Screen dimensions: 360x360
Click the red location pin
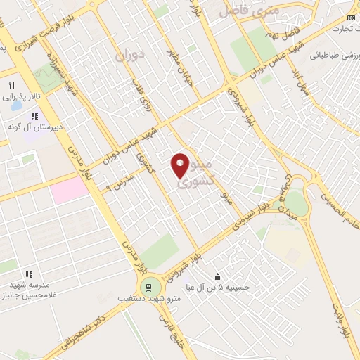click(180, 166)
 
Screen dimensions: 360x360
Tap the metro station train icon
click(148, 287)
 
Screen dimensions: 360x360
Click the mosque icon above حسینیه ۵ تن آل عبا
click(217, 276)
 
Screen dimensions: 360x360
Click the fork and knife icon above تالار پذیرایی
click(11, 85)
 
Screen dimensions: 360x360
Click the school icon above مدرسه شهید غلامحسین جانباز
click(29, 274)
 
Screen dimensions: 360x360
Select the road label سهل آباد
click(304, 82)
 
